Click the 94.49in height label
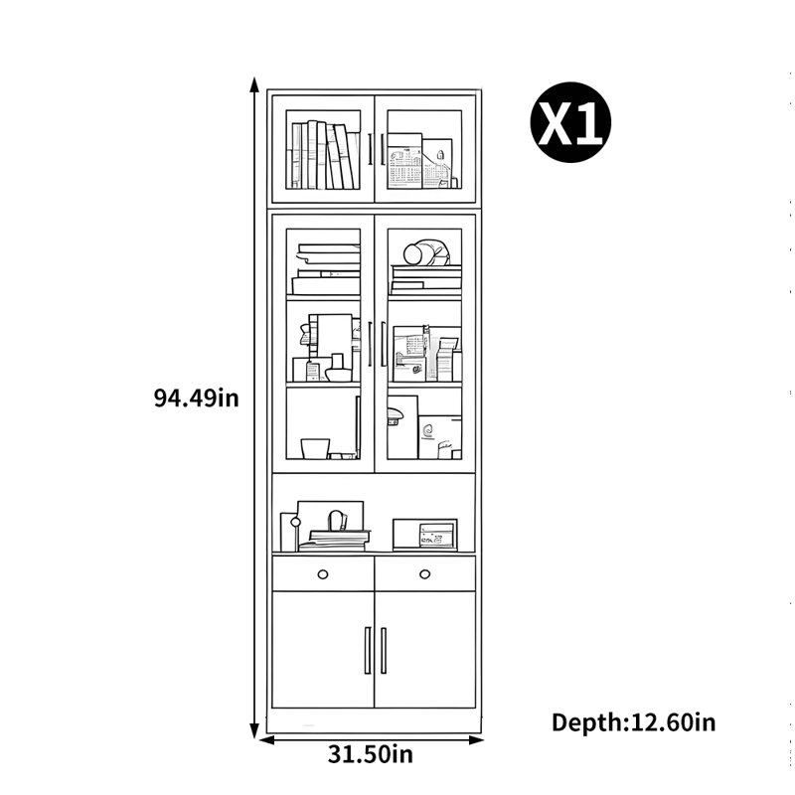pyautogui.click(x=196, y=398)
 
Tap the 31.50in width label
pyautogui.click(x=370, y=754)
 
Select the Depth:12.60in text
pyautogui.click(x=634, y=722)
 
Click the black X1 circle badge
pyautogui.click(x=570, y=122)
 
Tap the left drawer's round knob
pyautogui.click(x=322, y=574)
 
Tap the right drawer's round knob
pyautogui.click(x=425, y=574)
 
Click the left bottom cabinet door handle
pyautogui.click(x=368, y=650)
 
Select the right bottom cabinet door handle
pyautogui.click(x=384, y=650)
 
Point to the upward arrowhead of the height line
pyautogui.click(x=254, y=84)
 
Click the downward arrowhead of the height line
pyautogui.click(x=254, y=731)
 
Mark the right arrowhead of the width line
pyautogui.click(x=476, y=740)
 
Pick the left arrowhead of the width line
pyautogui.click(x=266, y=740)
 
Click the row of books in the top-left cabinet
pyautogui.click(x=322, y=155)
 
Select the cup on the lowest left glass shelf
pyautogui.click(x=315, y=449)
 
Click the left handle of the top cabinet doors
pyautogui.click(x=370, y=149)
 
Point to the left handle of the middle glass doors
pyautogui.click(x=370, y=344)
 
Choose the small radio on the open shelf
pyautogui.click(x=425, y=535)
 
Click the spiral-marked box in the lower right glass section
pyautogui.click(x=439, y=437)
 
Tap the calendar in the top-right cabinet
pyautogui.click(x=404, y=167)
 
